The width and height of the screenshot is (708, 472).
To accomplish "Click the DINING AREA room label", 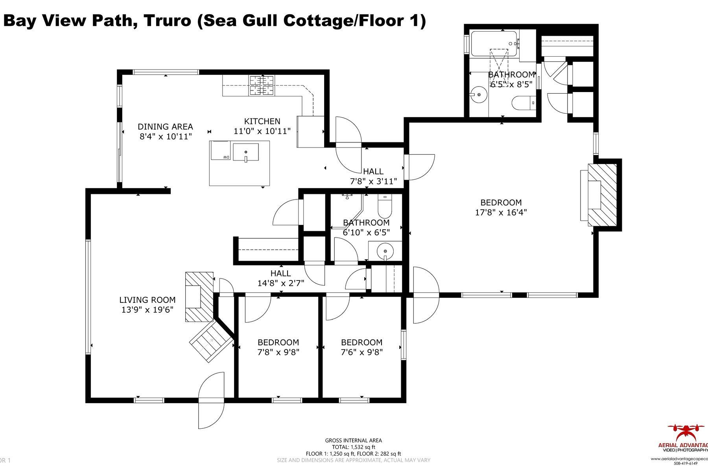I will [165, 127].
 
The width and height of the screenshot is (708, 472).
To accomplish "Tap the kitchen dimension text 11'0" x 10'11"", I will [262, 131].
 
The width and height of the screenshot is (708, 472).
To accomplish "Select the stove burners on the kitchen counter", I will [261, 85].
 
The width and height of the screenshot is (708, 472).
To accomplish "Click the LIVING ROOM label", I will [147, 300].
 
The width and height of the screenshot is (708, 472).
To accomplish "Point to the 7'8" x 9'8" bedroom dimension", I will [278, 352].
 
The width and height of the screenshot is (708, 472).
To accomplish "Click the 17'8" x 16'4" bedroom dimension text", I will [501, 212].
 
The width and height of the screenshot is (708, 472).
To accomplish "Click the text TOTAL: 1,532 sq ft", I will [353, 447].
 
